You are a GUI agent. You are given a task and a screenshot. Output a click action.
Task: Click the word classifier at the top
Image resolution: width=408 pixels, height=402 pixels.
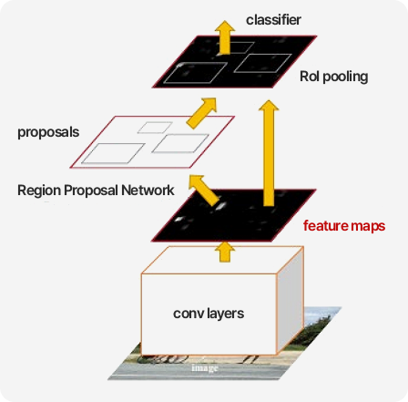[273, 20]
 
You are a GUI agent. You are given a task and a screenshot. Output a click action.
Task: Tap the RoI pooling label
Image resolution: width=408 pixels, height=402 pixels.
[334, 77]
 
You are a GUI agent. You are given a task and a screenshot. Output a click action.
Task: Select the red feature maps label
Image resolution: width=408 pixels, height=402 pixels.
[344, 226]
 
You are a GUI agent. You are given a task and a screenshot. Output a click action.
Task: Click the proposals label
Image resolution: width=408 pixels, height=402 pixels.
[48, 132]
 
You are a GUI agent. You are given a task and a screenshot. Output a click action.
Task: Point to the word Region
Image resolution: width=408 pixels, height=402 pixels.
[39, 191]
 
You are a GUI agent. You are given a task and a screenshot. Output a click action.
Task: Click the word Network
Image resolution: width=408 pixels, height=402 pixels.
[148, 191]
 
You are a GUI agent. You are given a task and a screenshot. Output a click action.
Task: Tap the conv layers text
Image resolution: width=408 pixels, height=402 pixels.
[209, 314]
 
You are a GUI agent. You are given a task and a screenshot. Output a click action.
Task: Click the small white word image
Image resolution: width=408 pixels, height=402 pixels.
[205, 368]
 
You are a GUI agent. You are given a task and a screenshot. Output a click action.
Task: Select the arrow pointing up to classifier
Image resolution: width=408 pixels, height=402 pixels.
[225, 37]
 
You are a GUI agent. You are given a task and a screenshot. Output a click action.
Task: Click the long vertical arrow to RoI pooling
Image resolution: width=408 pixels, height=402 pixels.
[269, 153]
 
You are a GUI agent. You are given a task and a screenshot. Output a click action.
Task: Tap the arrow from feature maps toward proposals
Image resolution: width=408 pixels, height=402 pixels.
[203, 190]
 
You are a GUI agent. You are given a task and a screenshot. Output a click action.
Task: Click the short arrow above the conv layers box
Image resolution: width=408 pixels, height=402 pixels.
[225, 252]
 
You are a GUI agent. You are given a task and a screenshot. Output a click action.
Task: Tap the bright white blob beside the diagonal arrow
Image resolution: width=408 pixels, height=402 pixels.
[220, 206]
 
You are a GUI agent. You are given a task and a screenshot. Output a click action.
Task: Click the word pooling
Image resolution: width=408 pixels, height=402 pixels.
[345, 77]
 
